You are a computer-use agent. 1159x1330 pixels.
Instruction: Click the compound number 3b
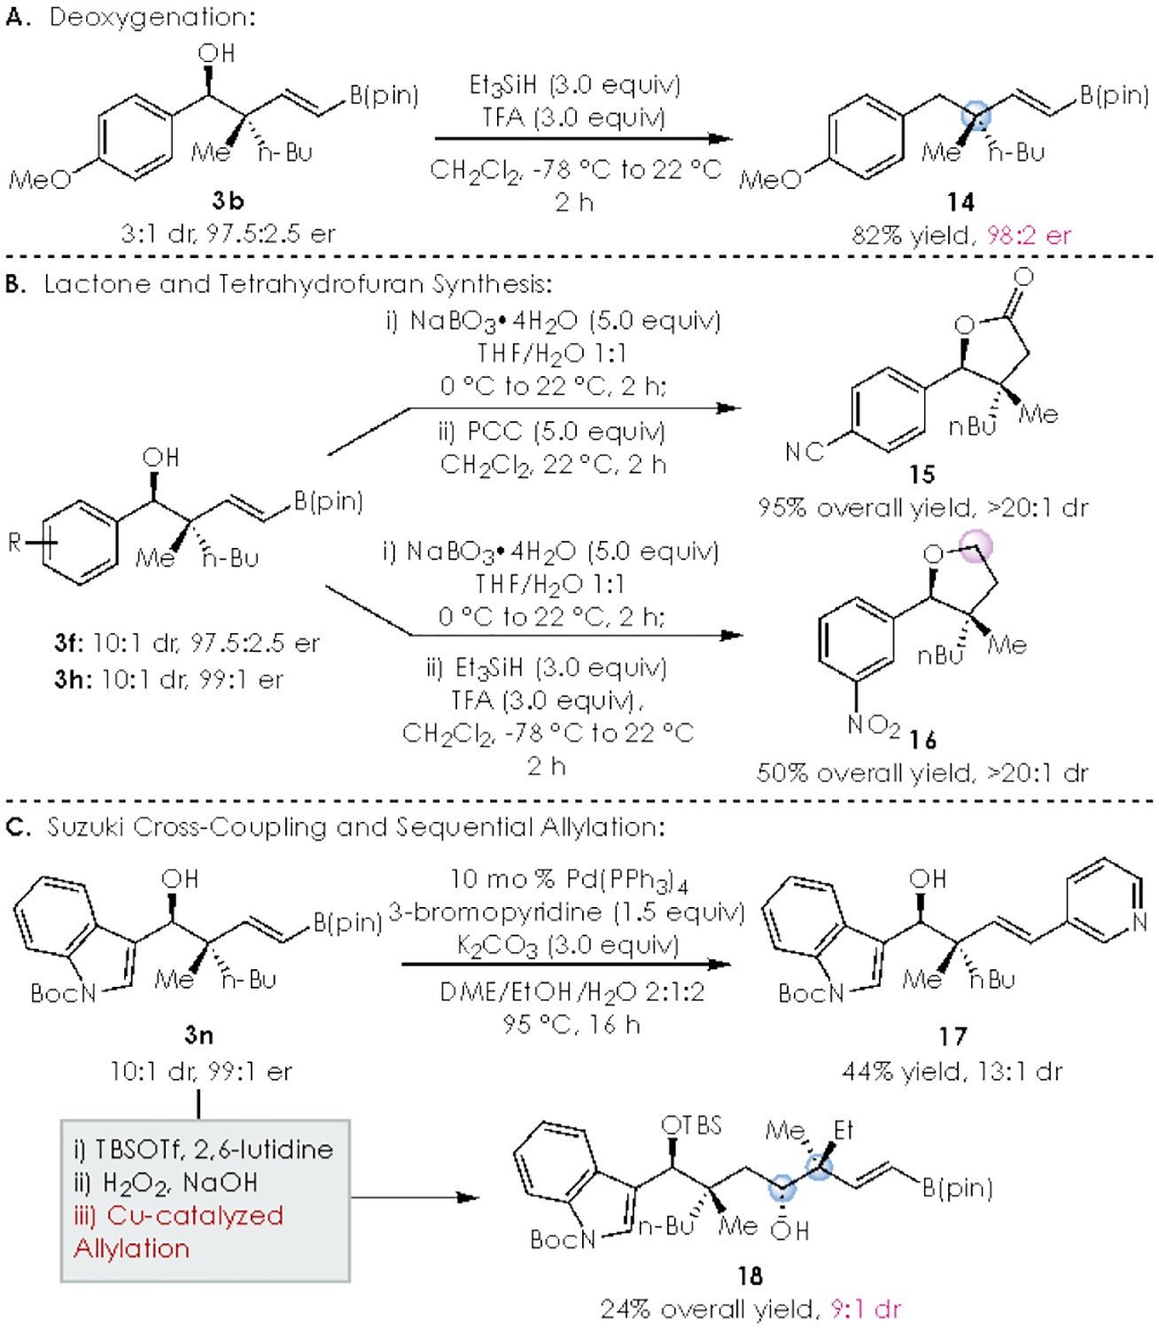(228, 201)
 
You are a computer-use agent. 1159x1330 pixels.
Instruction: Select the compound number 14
(961, 202)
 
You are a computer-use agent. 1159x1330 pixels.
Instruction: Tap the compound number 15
(922, 474)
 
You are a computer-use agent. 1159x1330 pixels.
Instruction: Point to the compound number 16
(922, 739)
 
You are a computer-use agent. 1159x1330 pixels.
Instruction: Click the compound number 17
(953, 1036)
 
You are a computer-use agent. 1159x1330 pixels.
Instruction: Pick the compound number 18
(750, 1275)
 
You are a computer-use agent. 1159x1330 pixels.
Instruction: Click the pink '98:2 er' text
(1029, 236)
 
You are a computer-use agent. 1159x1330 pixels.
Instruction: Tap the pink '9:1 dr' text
(865, 1309)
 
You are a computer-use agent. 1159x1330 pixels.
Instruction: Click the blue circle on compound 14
(976, 116)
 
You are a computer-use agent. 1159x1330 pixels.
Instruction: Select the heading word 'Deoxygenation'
(152, 18)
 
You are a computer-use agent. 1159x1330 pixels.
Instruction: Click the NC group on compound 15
(804, 452)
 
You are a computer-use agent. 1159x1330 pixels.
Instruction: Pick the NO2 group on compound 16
(873, 726)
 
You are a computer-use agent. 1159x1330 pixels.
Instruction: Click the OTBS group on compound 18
(692, 1126)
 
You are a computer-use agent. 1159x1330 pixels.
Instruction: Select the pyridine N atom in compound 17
(1140, 922)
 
